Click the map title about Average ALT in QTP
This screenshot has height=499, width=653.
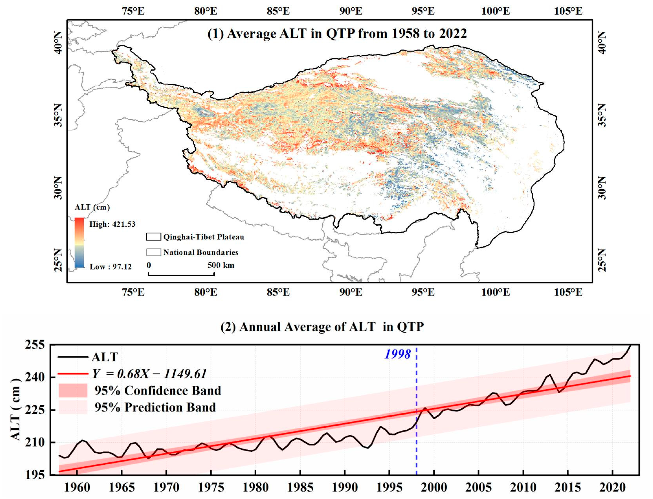coord(337,34)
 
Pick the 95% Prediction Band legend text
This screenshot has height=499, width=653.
coord(155,407)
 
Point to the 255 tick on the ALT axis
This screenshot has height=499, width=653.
coord(35,345)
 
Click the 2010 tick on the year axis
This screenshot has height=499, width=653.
coord(523,487)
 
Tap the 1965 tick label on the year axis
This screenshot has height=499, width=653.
coord(122,487)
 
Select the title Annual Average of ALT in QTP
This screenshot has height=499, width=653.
coord(322,327)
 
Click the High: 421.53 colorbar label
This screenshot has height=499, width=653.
coord(112,224)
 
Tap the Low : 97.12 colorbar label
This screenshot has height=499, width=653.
coord(110,267)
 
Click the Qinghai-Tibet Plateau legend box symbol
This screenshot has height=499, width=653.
coord(154,237)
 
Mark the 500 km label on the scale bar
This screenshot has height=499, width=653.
coord(221,265)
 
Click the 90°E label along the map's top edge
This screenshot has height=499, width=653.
coord(351,11)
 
